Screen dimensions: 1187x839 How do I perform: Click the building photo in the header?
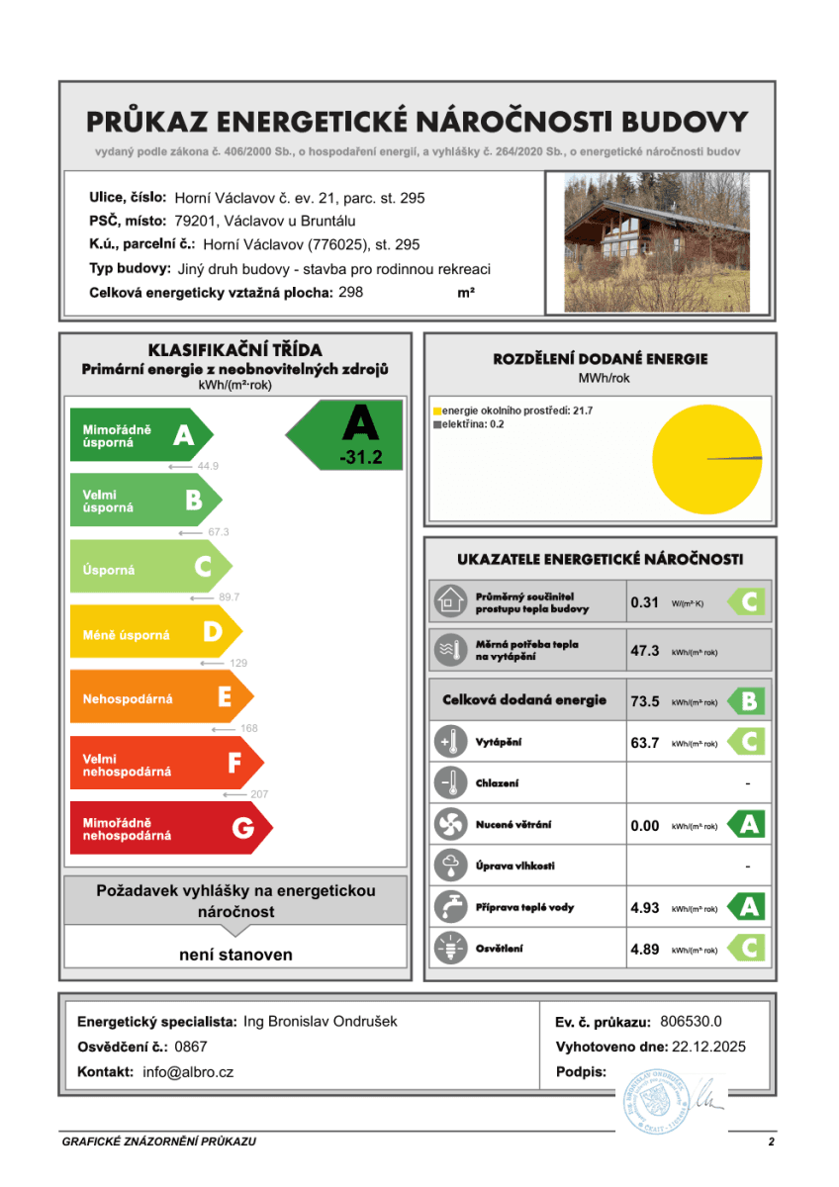[x=657, y=241]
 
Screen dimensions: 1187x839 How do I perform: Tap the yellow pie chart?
[x=706, y=458]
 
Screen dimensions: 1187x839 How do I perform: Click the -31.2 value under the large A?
[x=359, y=458]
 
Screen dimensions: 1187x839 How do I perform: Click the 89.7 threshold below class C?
[x=229, y=597]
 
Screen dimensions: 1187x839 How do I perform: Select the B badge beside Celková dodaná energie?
[x=748, y=701]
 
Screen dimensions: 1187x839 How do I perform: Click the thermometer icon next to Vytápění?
[x=450, y=742]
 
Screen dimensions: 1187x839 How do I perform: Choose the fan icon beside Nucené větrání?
[x=450, y=824]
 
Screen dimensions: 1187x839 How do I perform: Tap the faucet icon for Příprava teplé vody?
[x=450, y=906]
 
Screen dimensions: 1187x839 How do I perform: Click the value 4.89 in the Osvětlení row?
[x=644, y=949]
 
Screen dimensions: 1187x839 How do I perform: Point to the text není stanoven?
[x=235, y=955]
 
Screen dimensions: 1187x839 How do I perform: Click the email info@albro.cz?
[x=188, y=1071]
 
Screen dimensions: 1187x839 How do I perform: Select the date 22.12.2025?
[x=705, y=1047]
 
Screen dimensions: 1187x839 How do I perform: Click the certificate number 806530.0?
[x=691, y=1022]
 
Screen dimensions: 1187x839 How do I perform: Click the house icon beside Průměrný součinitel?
[x=450, y=600]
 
